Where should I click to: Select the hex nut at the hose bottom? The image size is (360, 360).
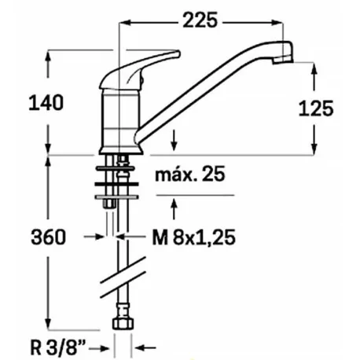[x=122, y=324]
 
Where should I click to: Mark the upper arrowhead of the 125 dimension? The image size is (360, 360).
[x=314, y=68]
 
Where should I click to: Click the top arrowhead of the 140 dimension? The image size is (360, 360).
[x=49, y=55]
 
